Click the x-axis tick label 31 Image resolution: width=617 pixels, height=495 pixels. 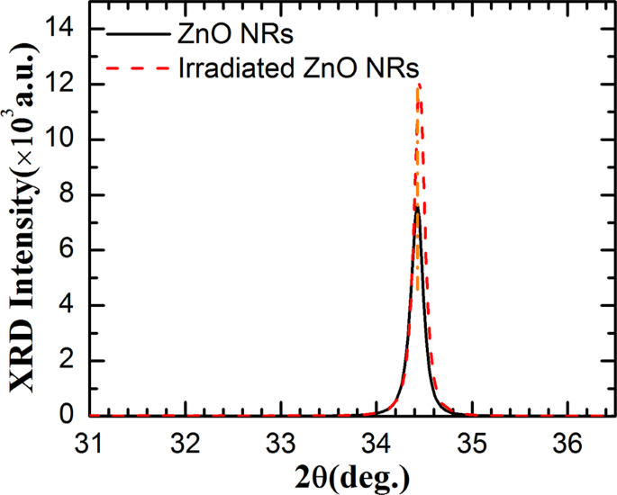[x=91, y=443]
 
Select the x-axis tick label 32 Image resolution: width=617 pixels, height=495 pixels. [x=186, y=443]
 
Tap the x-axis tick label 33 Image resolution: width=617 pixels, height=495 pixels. [x=281, y=443]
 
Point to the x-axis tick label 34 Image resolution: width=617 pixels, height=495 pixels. [x=377, y=443]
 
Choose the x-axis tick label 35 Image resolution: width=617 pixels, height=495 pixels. [x=472, y=443]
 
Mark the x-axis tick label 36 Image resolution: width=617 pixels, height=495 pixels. [x=567, y=443]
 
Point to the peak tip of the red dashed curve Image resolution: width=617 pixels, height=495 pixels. [x=419, y=85]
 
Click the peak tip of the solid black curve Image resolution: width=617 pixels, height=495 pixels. [x=417, y=209]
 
